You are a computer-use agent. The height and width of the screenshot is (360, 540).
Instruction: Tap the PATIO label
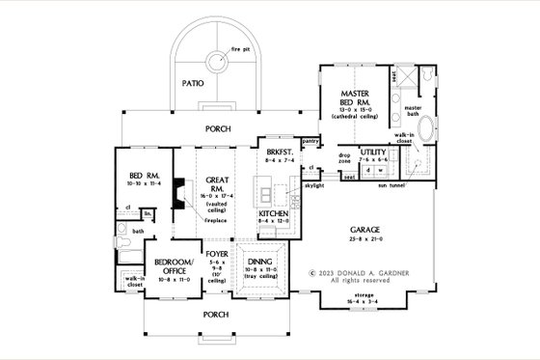[x=190, y=84]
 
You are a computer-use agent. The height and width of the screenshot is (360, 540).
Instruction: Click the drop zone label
[x=344, y=157]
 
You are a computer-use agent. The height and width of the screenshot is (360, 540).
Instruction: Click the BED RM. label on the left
[x=131, y=152]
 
